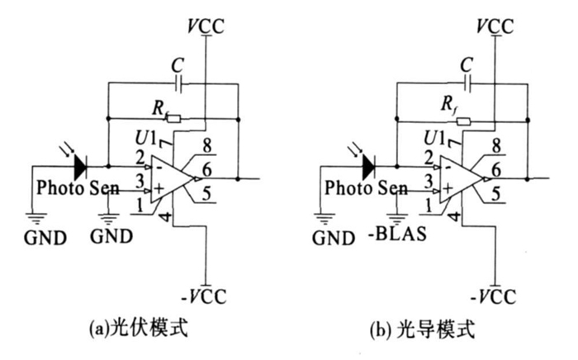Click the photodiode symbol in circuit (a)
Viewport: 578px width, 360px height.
pos(79,166)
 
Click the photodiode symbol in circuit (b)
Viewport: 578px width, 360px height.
pos(367,166)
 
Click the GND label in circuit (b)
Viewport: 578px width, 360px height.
pos(330,239)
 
